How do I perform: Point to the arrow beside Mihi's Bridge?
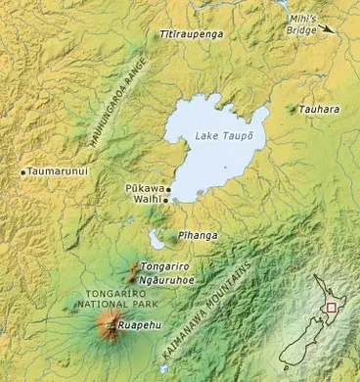pyautogui.click(x=337, y=30)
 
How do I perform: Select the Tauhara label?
pyautogui.click(x=321, y=109)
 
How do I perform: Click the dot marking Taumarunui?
pyautogui.click(x=22, y=172)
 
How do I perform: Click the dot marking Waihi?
pyautogui.click(x=165, y=200)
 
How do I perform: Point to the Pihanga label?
pyautogui.click(x=200, y=236)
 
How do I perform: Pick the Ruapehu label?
pyautogui.click(x=136, y=324)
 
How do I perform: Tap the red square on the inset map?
pyautogui.click(x=333, y=308)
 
